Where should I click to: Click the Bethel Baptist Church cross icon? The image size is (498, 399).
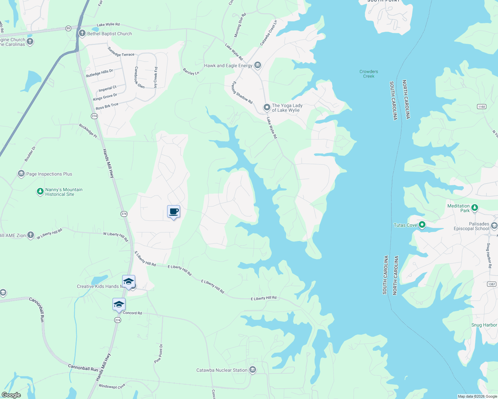(x=82, y=33)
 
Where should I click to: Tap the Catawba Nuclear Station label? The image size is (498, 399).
(x=222, y=370)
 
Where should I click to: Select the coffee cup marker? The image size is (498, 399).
(x=173, y=211)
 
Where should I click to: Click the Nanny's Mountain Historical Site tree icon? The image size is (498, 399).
(x=40, y=191)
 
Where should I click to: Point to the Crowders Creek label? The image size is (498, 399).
(x=369, y=74)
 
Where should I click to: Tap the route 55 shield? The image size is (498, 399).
(x=68, y=28)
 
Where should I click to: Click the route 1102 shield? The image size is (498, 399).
(x=481, y=106)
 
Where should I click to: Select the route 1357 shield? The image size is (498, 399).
(x=491, y=284)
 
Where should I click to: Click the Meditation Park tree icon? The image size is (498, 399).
(x=475, y=208)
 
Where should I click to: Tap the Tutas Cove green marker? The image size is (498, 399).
(x=422, y=225)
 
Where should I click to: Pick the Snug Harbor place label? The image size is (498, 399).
(x=484, y=325)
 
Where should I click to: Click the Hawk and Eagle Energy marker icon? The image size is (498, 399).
(x=257, y=65)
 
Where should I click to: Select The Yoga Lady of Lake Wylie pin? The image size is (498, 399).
(x=267, y=107)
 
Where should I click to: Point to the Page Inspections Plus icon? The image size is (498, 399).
(x=21, y=174)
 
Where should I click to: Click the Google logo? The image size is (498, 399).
(x=11, y=395)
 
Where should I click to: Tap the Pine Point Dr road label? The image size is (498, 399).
(x=158, y=353)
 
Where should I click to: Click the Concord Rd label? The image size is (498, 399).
(x=132, y=313)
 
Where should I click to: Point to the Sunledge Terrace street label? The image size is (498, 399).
(x=121, y=52)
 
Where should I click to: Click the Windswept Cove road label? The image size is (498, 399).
(x=112, y=386)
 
